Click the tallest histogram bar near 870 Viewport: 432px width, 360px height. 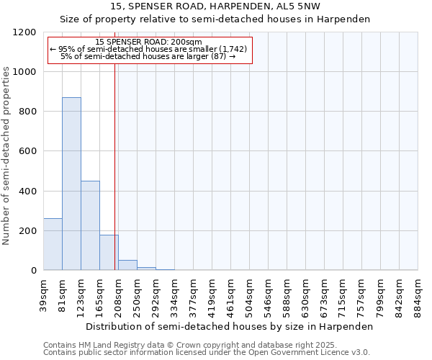71,184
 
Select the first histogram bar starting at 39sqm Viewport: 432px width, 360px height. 53,244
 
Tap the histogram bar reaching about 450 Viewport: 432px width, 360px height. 90,225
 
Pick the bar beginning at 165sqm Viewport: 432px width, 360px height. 109,252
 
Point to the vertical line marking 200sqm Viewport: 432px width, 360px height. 114,166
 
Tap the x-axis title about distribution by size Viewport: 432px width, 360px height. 230,326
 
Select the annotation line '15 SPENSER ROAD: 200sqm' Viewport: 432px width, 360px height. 149,42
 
